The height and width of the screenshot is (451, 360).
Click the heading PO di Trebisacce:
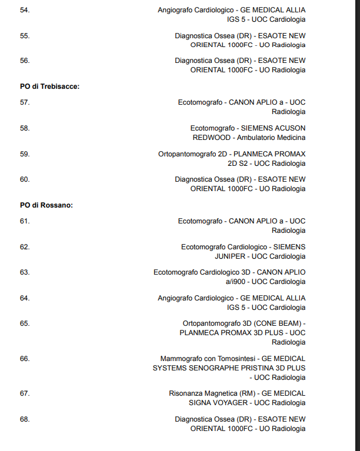pyautogui.click(x=50, y=86)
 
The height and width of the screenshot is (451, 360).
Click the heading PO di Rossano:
pyautogui.click(x=46, y=205)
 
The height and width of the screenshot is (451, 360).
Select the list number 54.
pyautogui.click(x=25, y=10)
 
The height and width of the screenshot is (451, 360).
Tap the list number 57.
pyautogui.click(x=25, y=102)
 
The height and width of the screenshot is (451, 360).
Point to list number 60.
pyautogui.click(x=25, y=179)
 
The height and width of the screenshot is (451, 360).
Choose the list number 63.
pyautogui.click(x=25, y=272)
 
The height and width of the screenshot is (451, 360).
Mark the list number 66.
pyautogui.click(x=25, y=359)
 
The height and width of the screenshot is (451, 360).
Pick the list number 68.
pyautogui.click(x=25, y=419)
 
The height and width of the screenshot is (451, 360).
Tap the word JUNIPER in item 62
pyautogui.click(x=231, y=256)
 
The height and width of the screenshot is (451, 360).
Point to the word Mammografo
pyautogui.click(x=181, y=359)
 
